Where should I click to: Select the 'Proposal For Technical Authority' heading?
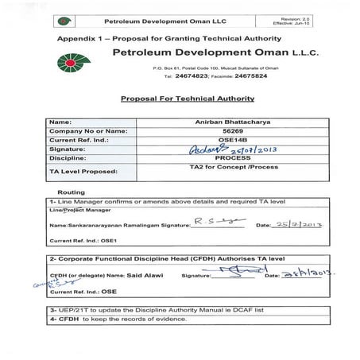187,99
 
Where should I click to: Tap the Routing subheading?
72,192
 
